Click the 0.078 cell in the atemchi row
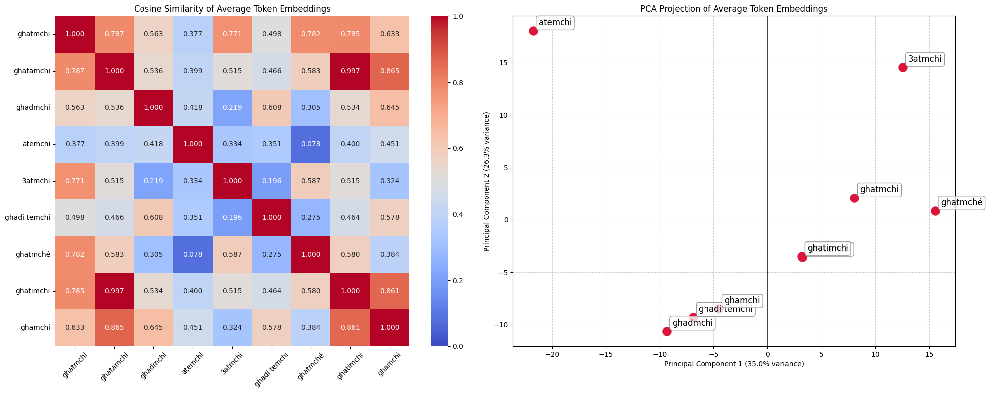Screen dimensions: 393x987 (310, 144)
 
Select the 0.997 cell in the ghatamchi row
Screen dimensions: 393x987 (350, 71)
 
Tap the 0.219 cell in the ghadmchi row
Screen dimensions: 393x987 (232, 107)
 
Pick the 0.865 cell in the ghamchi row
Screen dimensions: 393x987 (114, 328)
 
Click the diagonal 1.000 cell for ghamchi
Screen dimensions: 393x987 (389, 328)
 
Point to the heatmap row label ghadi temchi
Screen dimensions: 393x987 (28, 217)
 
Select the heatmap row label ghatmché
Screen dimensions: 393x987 (33, 254)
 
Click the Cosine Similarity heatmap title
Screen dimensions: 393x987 (232, 9)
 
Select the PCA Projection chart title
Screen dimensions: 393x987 (733, 9)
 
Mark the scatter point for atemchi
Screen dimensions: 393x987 (533, 31)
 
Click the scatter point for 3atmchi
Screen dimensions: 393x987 (903, 67)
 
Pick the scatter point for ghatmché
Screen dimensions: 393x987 (935, 211)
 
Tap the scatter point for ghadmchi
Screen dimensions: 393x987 (667, 331)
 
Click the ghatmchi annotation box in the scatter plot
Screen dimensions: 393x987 (879, 190)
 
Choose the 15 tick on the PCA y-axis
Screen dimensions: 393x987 (503, 63)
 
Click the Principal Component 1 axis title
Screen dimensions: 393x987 (733, 364)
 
